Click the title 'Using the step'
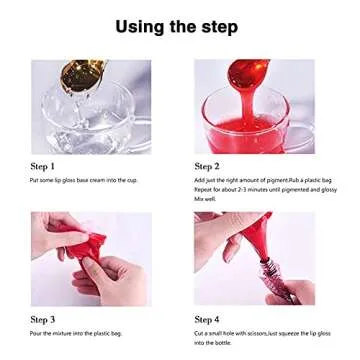coord(180,25)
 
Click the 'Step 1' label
coord(43,165)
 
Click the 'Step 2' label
coord(207,165)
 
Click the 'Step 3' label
coord(43,319)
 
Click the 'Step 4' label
coord(207,319)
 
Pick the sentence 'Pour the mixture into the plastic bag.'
coord(68,333)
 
